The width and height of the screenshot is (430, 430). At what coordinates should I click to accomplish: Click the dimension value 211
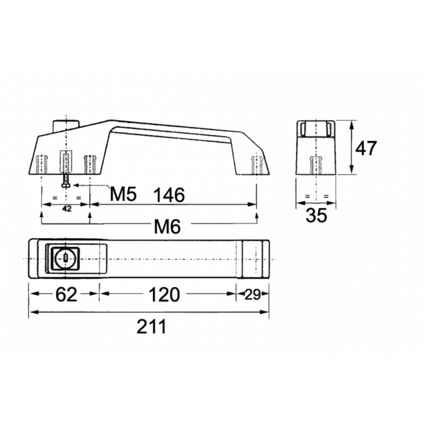151,326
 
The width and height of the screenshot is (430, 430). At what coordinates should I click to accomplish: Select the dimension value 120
163,295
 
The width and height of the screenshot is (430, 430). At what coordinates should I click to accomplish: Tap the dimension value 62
64,295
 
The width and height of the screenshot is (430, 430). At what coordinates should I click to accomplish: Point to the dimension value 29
253,295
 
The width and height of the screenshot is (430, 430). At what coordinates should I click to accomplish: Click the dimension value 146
169,195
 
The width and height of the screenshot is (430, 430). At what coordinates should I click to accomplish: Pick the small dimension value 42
67,209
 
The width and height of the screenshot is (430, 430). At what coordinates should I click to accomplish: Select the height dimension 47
366,148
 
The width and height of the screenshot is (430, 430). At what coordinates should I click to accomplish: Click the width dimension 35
317,216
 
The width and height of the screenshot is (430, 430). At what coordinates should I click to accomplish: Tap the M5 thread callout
123,195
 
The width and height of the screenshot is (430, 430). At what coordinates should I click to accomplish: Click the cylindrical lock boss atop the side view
66,124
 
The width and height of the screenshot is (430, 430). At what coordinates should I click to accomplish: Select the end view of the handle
317,148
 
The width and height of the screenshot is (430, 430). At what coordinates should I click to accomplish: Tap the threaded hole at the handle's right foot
257,164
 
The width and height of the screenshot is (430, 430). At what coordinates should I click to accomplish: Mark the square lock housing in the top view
64,259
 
